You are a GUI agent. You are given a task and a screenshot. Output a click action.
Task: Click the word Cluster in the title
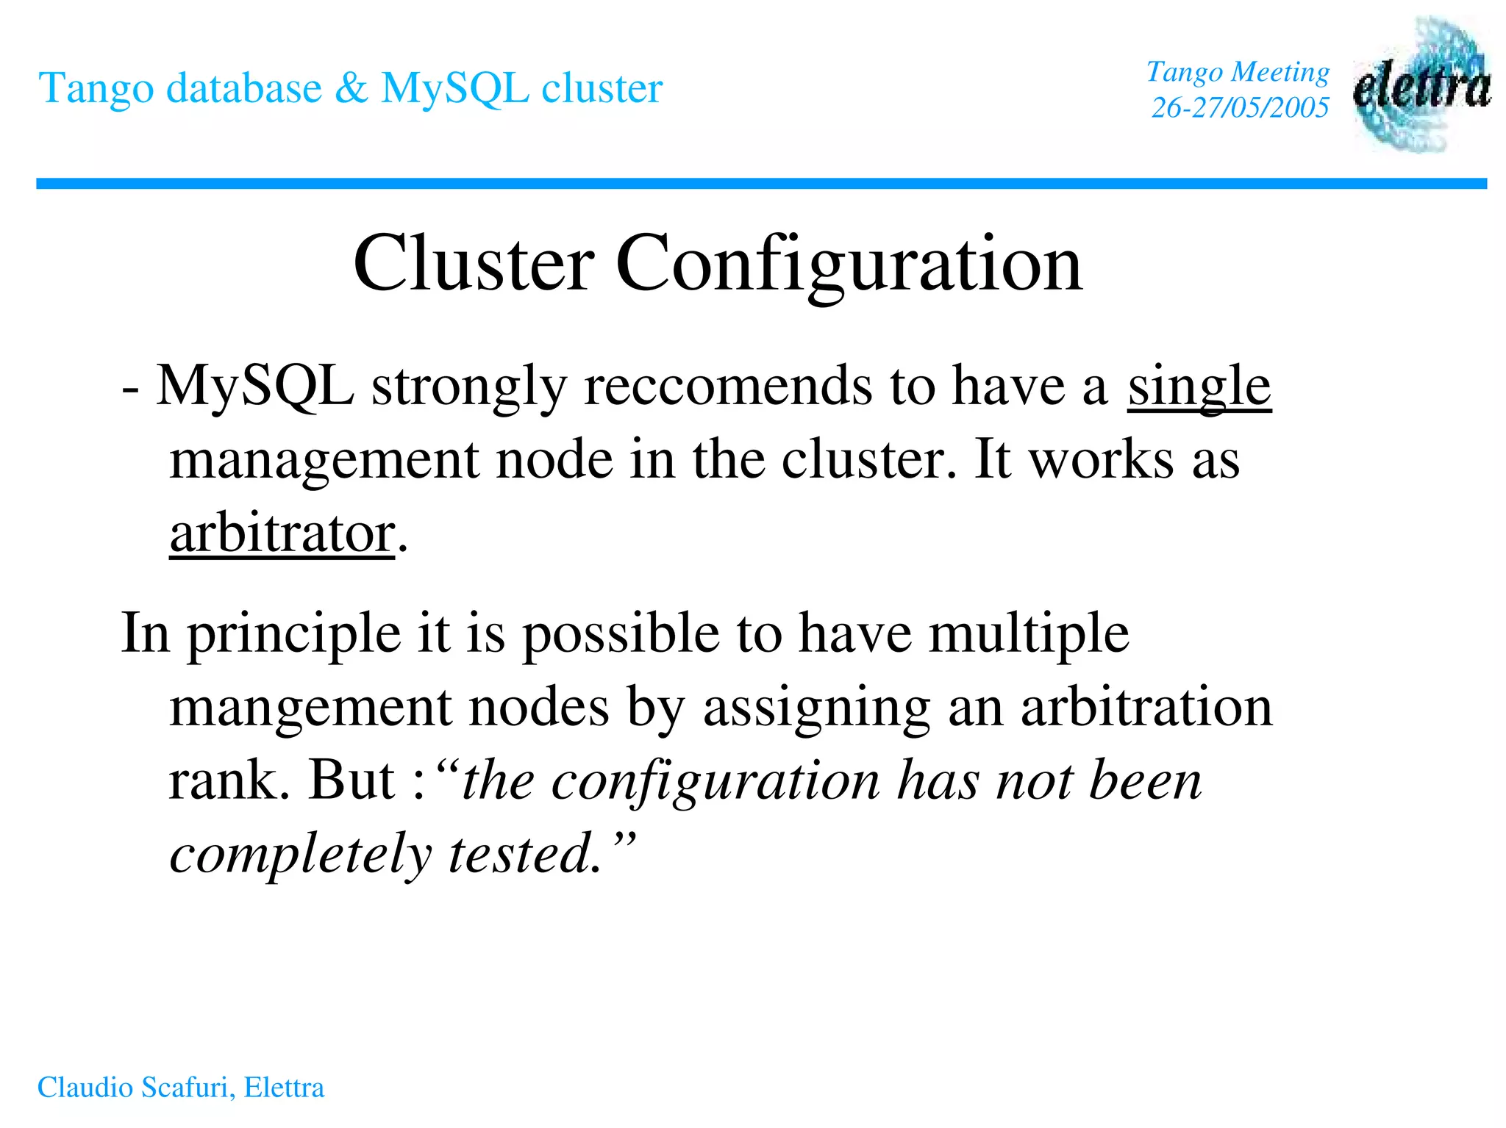(x=474, y=263)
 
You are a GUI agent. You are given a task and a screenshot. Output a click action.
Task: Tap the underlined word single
(x=1199, y=387)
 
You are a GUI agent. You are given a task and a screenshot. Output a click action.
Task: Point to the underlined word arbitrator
(x=282, y=534)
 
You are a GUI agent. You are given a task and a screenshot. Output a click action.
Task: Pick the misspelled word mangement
(x=310, y=707)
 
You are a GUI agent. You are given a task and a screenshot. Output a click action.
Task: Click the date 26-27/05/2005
(x=1240, y=108)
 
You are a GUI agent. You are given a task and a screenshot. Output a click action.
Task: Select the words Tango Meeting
(x=1238, y=72)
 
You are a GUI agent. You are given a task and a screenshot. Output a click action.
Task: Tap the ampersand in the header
(x=351, y=88)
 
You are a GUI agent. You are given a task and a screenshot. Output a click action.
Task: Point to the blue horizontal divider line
(x=761, y=184)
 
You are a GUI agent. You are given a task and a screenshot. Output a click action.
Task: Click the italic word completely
(x=301, y=854)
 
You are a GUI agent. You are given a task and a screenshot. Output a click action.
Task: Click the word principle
(x=294, y=633)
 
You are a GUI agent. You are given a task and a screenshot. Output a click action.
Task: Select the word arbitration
(x=1146, y=707)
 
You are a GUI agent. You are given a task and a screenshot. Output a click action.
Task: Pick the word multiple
(x=1029, y=633)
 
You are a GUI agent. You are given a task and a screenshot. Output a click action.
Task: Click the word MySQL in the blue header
(x=454, y=88)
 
